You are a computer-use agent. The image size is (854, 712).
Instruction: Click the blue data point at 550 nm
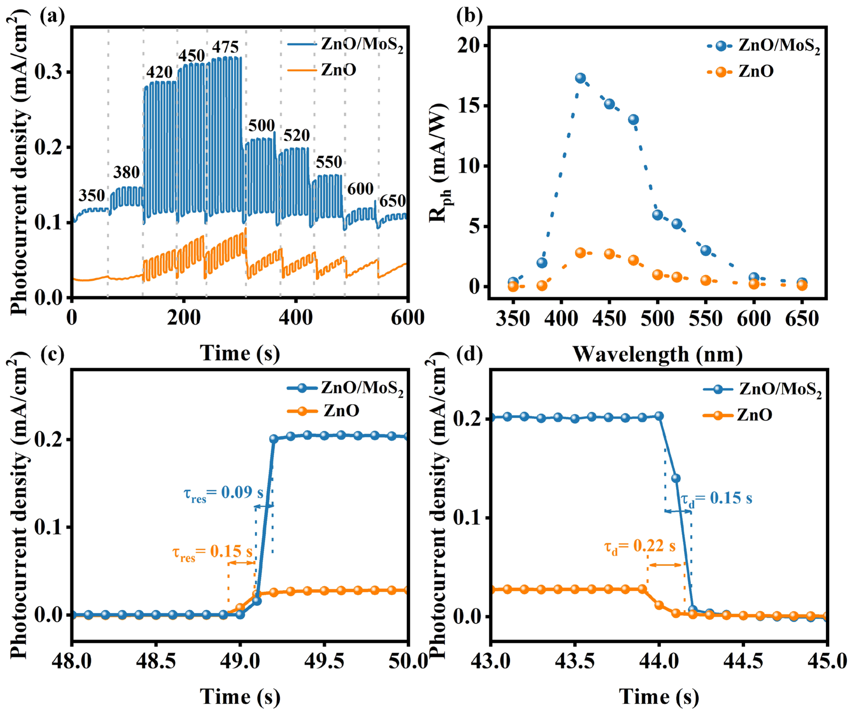[706, 250]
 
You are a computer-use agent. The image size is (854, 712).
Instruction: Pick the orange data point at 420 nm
[580, 253]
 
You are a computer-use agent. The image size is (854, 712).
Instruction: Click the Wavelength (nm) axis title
[658, 354]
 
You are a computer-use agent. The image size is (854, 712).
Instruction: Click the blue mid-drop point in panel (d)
[676, 478]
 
